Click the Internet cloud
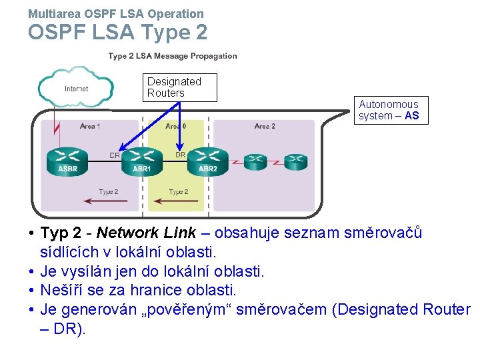pos(75,88)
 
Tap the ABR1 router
pos(141,160)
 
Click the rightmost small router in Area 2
pos(295,160)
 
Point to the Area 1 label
pos(90,126)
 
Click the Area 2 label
pos(265,126)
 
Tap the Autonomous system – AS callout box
pos(390,110)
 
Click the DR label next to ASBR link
pos(115,155)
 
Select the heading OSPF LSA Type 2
pos(117,32)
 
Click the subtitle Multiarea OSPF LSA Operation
pos(116,13)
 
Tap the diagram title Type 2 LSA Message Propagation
pos(173,56)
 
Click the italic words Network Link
pos(147,233)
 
